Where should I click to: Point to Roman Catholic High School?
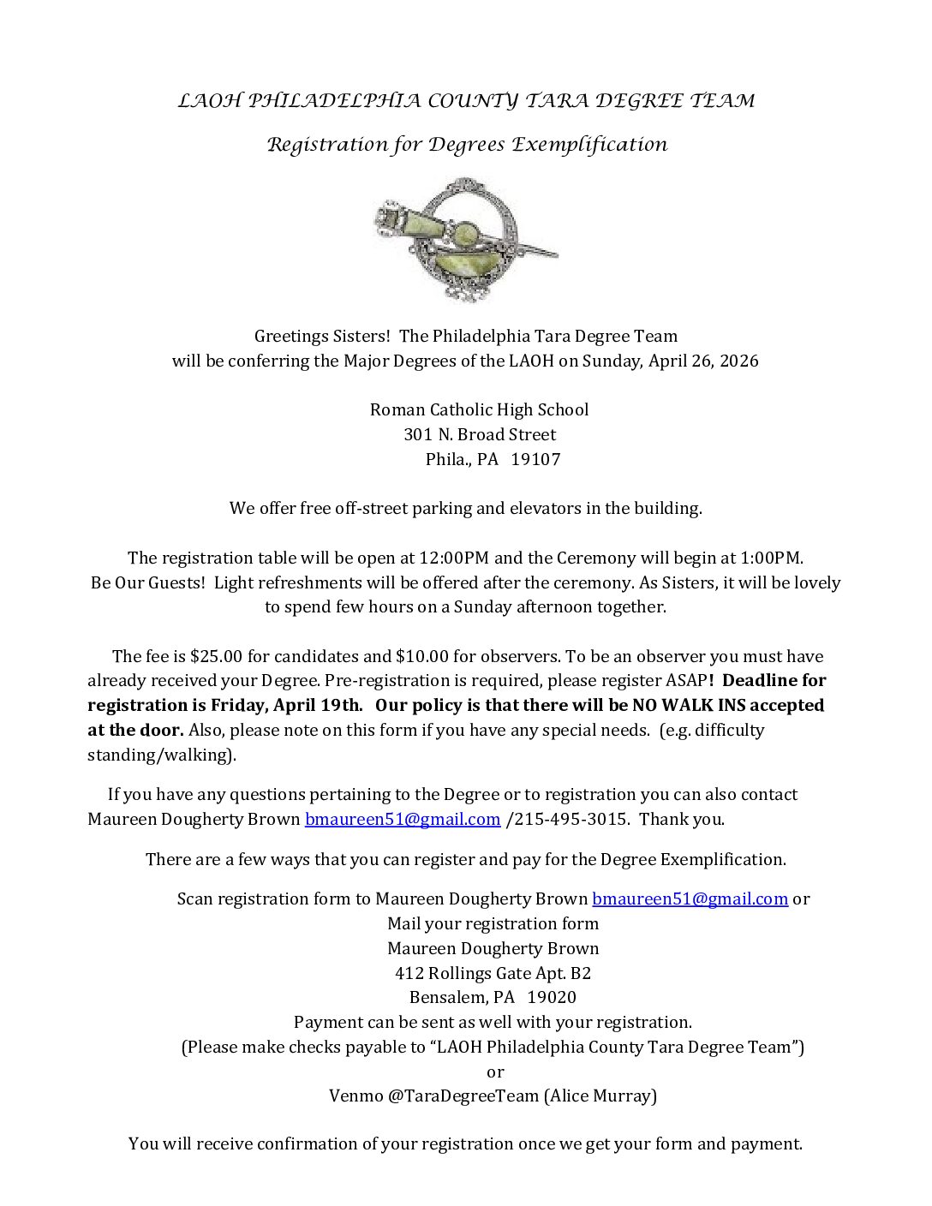pyautogui.click(x=479, y=409)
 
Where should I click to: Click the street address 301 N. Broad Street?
pyautogui.click(x=480, y=434)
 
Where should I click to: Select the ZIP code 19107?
pyautogui.click(x=535, y=459)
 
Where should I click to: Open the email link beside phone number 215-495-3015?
pyautogui.click(x=403, y=820)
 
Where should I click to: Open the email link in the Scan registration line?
pyautogui.click(x=690, y=899)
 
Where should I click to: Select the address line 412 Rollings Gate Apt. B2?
pyautogui.click(x=493, y=973)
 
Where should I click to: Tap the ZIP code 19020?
pyautogui.click(x=552, y=998)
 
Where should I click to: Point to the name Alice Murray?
pyautogui.click(x=600, y=1096)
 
